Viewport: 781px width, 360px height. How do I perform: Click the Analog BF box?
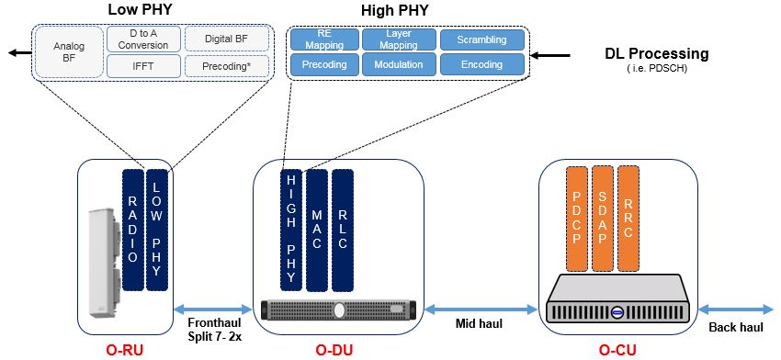[x=69, y=51]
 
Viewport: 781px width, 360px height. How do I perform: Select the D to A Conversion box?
[x=143, y=39]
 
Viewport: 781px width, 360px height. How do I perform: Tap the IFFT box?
[x=143, y=66]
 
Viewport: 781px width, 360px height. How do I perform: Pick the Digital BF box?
[x=227, y=39]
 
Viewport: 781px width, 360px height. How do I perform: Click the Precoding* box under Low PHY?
[x=227, y=66]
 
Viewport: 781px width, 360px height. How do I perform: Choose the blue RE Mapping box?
[x=323, y=39]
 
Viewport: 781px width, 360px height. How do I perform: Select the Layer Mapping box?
[x=399, y=39]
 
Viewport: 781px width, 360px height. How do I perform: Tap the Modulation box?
[x=399, y=65]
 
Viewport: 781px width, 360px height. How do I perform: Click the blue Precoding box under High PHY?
[x=323, y=65]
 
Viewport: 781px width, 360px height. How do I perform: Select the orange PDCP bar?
[x=576, y=219]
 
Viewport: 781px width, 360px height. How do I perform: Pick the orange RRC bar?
[x=628, y=219]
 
